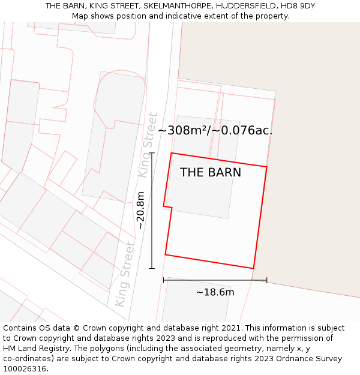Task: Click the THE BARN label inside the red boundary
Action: click(211, 172)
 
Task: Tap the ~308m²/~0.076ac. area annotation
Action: click(215, 130)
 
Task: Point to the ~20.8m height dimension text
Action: click(140, 211)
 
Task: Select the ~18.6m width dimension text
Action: click(215, 292)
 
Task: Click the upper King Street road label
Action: click(148, 145)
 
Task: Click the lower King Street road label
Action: click(125, 274)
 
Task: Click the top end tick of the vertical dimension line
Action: click(152, 153)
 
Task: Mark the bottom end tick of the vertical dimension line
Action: click(152, 268)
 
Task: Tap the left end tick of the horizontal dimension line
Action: click(164, 280)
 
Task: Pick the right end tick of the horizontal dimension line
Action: click(266, 280)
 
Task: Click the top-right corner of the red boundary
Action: click(266, 167)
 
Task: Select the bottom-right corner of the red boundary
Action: click(253, 268)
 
